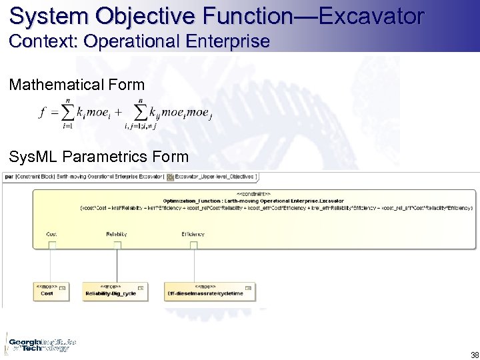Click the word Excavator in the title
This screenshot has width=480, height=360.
371,15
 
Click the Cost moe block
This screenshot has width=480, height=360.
50,291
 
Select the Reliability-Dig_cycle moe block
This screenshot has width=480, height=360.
117,291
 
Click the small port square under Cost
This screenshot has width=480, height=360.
51,245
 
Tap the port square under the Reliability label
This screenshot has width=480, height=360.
117,245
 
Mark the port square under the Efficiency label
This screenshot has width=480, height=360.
193,245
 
